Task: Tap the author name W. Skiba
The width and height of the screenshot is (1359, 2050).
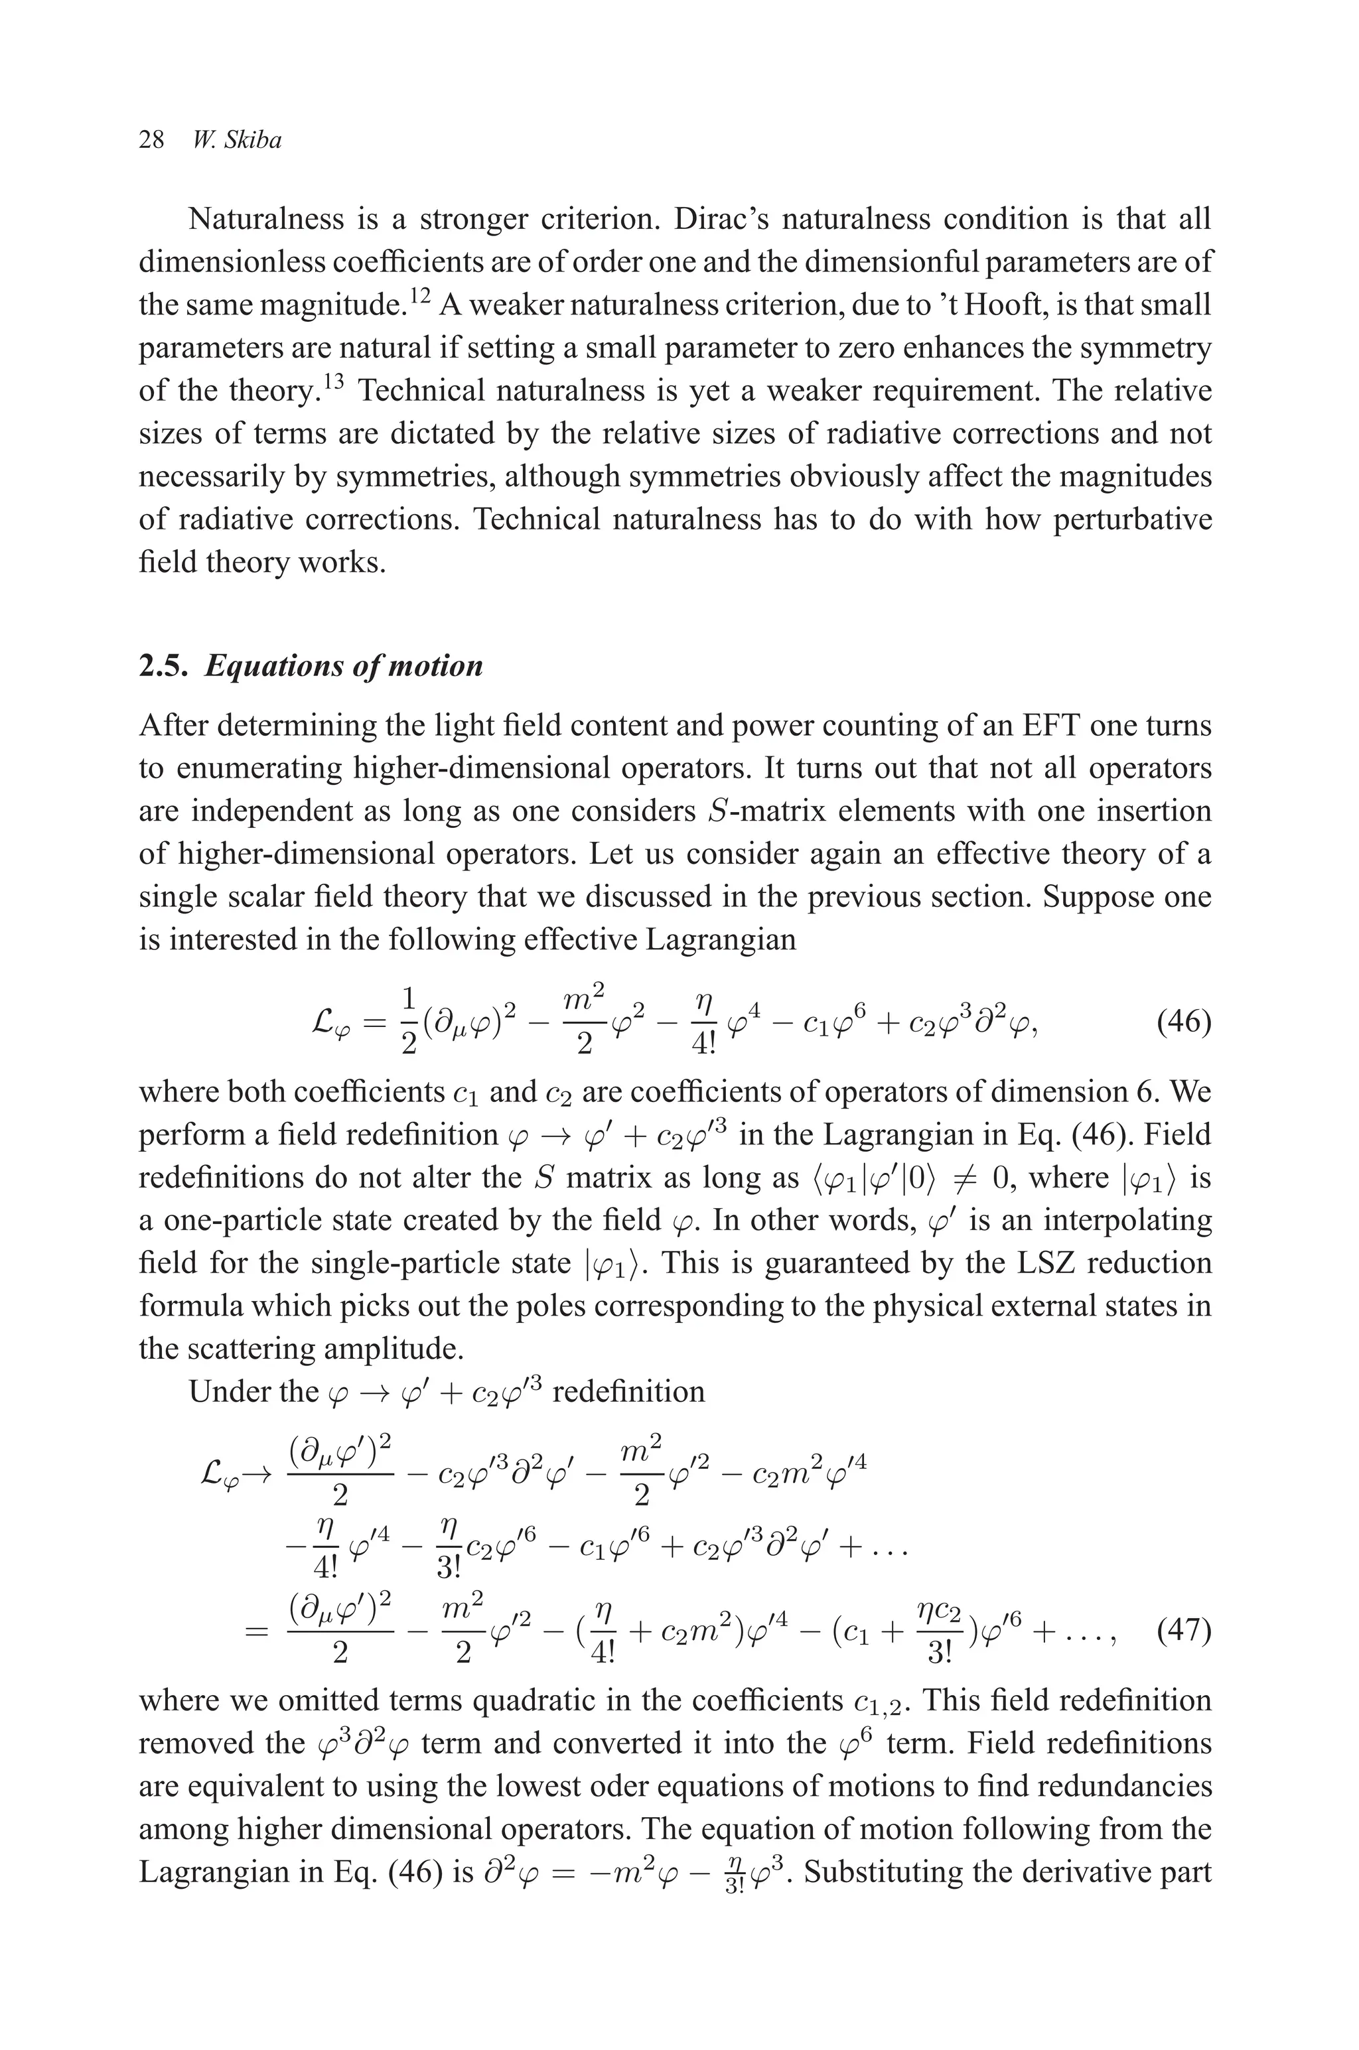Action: pos(238,141)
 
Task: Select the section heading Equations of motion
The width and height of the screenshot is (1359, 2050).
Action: pos(343,665)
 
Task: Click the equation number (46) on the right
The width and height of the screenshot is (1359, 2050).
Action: pos(1183,1022)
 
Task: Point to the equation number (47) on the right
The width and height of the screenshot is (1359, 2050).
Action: pos(1183,1631)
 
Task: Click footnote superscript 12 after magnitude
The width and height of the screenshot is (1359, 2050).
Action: pos(419,297)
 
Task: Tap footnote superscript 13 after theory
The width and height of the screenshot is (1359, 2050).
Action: pos(334,381)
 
